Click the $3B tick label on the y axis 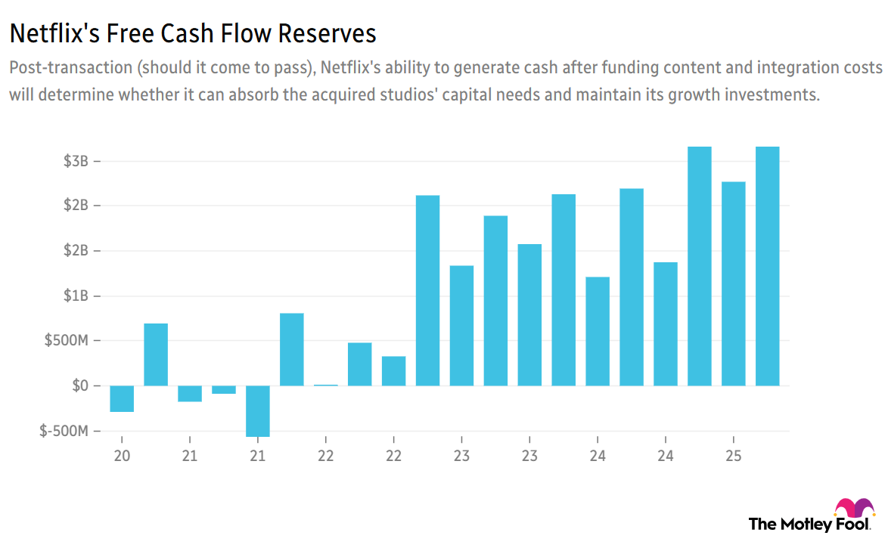77,161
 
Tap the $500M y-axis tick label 68,341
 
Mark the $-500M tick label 66,431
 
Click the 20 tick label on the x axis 122,456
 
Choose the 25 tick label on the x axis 733,456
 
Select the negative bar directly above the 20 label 122,398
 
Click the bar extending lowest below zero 258,410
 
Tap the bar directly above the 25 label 733,283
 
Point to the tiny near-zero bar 326,385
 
